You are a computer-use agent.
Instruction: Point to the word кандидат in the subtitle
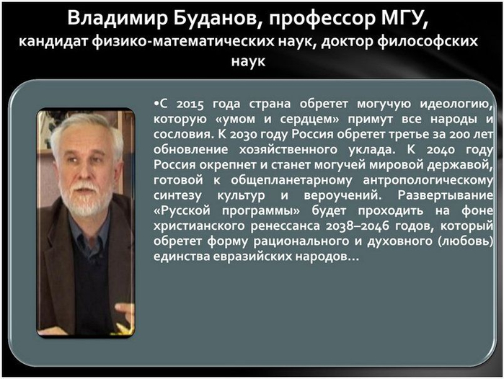click(53, 42)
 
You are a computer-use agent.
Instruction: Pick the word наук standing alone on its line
click(248, 61)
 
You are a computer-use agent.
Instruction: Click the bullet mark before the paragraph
click(156, 104)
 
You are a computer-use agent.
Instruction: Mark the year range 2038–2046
click(357, 226)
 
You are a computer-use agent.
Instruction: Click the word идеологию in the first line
click(456, 104)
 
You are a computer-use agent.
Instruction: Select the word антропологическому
click(428, 180)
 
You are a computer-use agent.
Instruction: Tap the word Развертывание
click(445, 195)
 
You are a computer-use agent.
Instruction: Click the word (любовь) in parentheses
click(465, 241)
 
